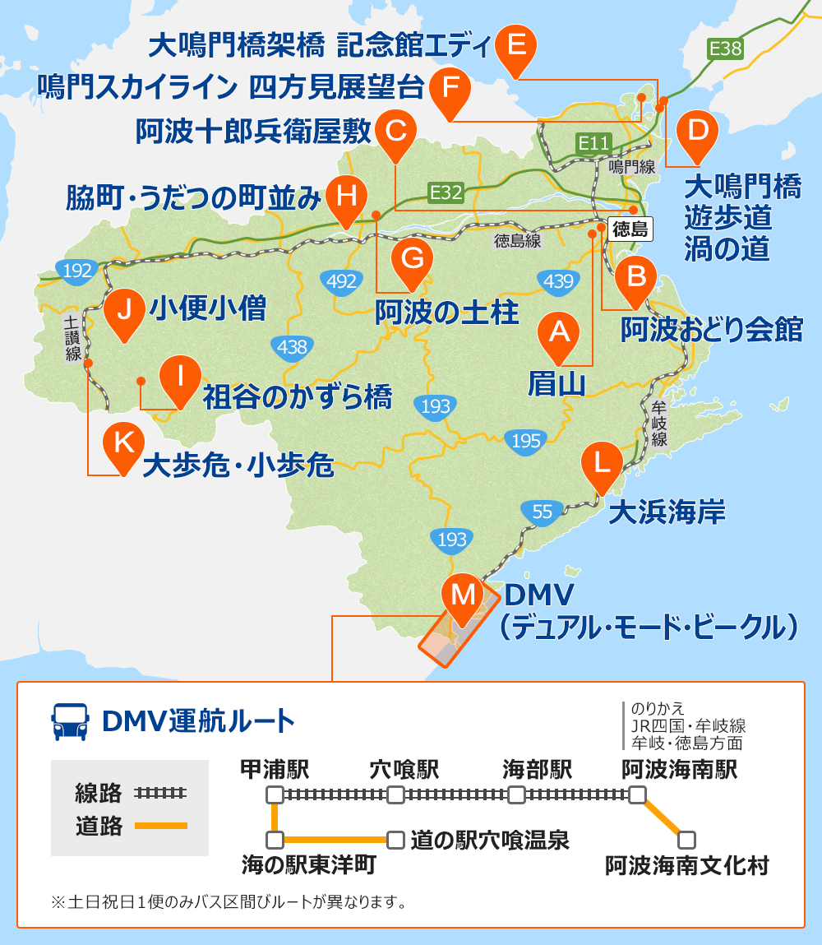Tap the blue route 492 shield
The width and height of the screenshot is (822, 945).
click(340, 281)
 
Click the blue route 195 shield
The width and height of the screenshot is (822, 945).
click(526, 441)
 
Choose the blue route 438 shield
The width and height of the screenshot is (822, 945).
click(292, 347)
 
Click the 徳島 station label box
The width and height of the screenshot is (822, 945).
click(630, 229)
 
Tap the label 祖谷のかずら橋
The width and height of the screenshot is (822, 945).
click(297, 397)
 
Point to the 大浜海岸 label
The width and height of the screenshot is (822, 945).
click(667, 513)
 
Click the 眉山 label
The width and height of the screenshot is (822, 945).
click(556, 383)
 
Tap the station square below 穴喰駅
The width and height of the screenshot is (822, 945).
click(396, 795)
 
